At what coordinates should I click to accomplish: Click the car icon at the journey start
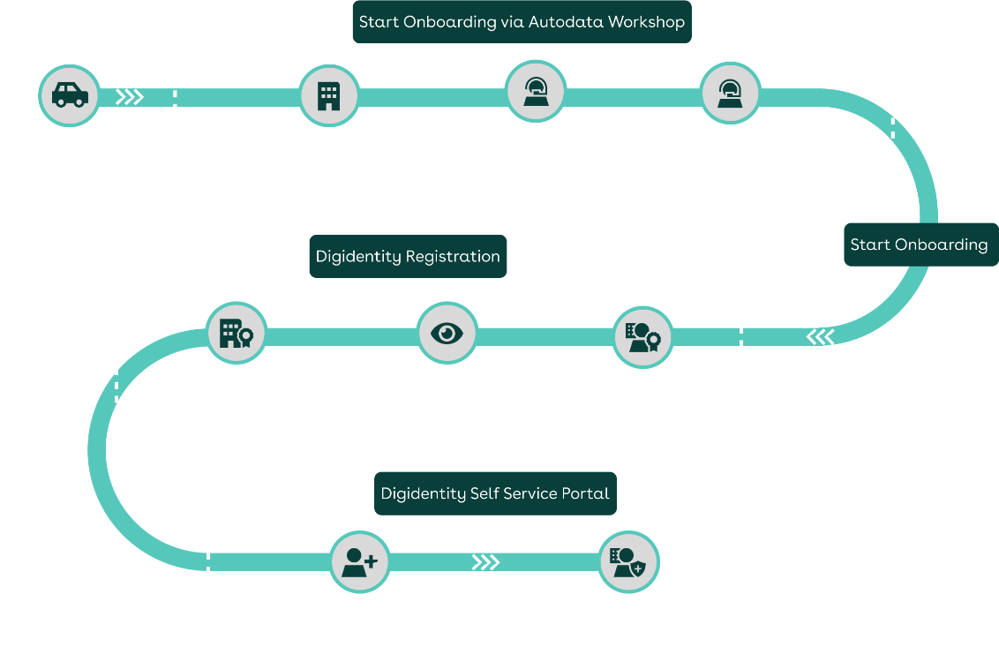(70, 95)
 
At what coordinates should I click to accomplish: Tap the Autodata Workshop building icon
(328, 95)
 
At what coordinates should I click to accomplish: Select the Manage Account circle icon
(534, 92)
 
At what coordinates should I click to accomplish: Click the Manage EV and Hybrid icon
(730, 92)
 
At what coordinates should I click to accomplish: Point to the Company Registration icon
(235, 334)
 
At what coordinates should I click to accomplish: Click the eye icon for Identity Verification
(447, 333)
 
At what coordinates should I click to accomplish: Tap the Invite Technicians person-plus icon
(360, 561)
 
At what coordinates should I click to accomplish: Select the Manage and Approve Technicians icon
(628, 561)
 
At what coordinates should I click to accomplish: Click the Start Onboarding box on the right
(919, 244)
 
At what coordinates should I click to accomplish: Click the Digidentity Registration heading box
(408, 257)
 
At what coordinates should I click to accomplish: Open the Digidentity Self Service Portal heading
(495, 493)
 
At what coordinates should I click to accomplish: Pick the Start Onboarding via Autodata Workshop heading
(522, 22)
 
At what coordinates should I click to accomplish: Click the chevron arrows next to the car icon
(130, 97)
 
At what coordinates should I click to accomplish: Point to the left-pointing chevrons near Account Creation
(820, 336)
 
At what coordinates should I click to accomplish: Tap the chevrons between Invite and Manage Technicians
(485, 562)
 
